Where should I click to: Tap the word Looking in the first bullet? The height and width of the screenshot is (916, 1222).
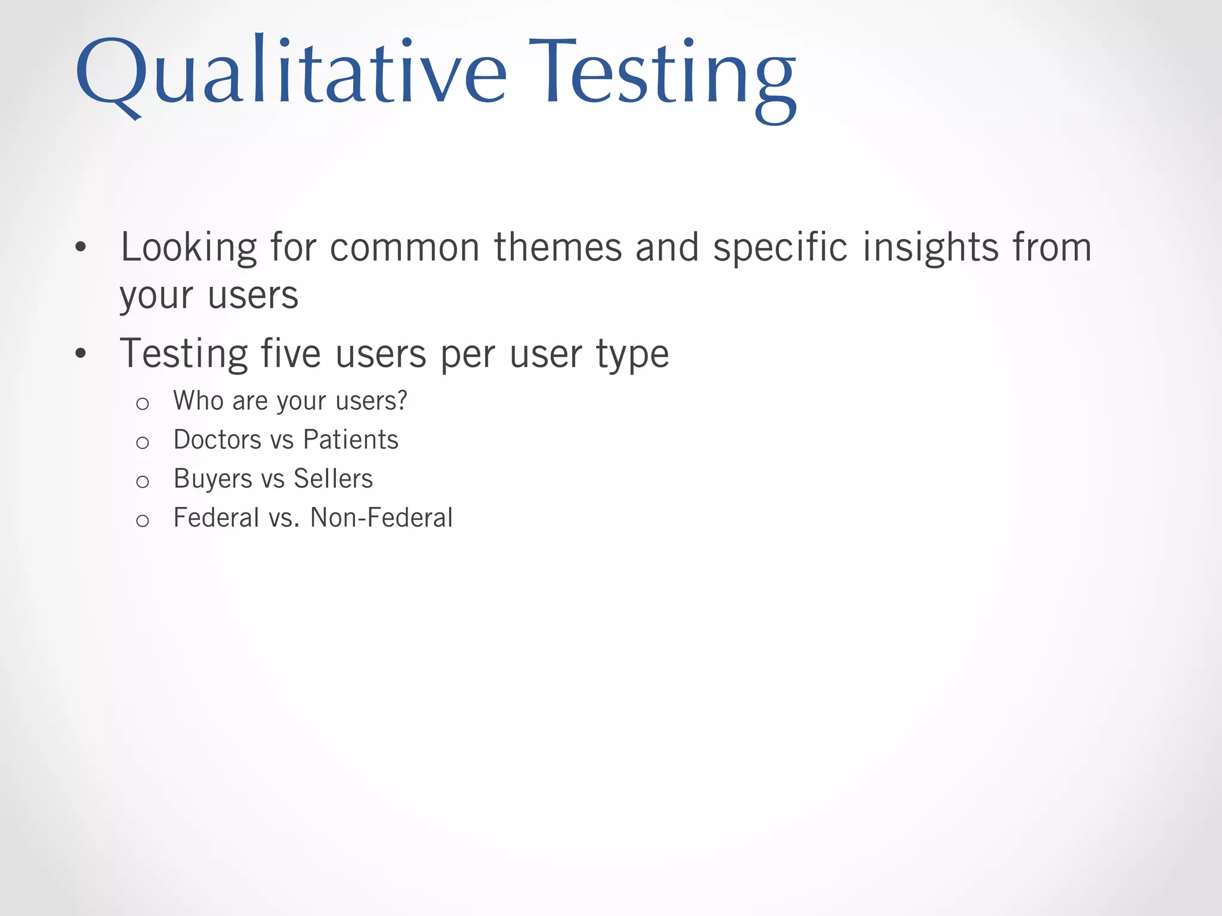click(x=189, y=247)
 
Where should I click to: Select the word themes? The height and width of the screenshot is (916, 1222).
click(x=558, y=247)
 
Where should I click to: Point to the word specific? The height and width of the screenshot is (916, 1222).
click(x=780, y=247)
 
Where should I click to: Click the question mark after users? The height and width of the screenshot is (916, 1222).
click(x=402, y=400)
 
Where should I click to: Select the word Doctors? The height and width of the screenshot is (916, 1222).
click(x=217, y=440)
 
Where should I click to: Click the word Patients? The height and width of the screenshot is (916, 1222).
click(x=350, y=440)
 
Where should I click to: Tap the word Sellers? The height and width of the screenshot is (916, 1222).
click(x=333, y=479)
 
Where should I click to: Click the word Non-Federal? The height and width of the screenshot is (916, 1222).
click(x=381, y=518)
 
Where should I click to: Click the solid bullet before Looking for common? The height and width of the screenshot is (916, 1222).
click(x=81, y=247)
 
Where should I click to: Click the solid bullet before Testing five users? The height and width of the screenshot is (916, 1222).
click(x=81, y=354)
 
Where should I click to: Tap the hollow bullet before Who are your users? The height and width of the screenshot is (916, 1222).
click(x=142, y=404)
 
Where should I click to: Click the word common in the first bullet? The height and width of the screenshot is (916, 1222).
click(x=405, y=247)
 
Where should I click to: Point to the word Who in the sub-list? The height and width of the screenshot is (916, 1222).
click(x=198, y=400)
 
